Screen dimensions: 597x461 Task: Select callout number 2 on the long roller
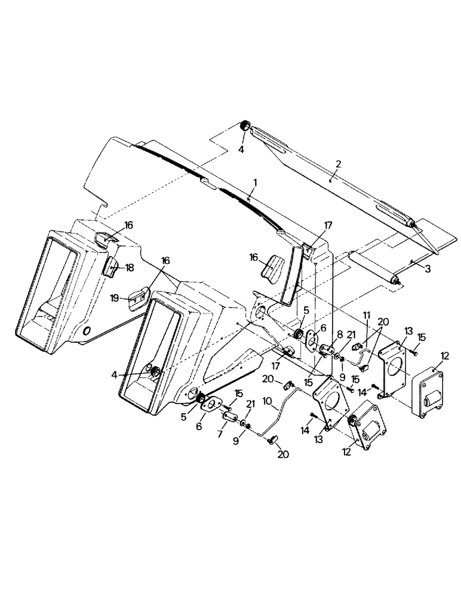point(338,163)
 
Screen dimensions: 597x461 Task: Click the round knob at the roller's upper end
point(244,126)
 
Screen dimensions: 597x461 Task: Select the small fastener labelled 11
point(357,346)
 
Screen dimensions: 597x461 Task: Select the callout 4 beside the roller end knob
point(241,150)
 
